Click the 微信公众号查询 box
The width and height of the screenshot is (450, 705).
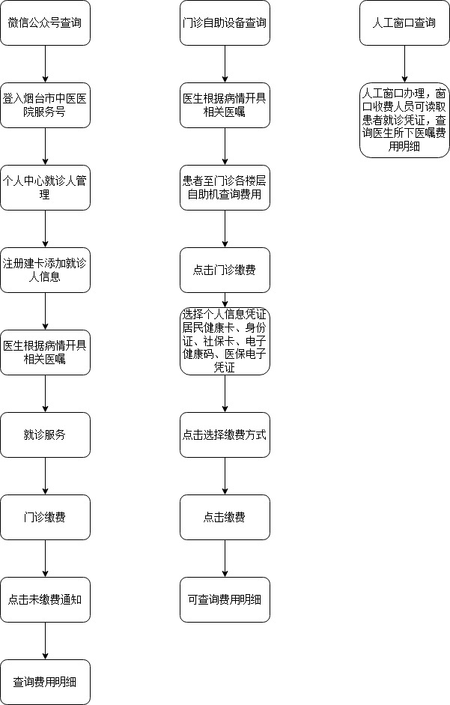click(45, 23)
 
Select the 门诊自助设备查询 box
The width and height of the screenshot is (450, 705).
click(225, 23)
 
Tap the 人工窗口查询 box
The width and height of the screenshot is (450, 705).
click(404, 23)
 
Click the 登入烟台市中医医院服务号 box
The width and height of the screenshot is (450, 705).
click(45, 105)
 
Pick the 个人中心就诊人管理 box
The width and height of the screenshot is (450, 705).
click(45, 187)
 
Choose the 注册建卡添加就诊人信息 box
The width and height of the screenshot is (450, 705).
click(45, 270)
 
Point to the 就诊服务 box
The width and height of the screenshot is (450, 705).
click(45, 435)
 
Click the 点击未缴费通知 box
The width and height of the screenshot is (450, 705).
click(45, 600)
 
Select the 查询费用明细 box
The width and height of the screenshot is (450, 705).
click(45, 682)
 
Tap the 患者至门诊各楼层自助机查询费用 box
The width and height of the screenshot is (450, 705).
click(225, 187)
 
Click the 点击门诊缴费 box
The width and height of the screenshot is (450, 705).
click(225, 270)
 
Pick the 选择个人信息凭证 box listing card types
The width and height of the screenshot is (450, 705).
click(225, 341)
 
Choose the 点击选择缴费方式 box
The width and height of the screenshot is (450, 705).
click(225, 435)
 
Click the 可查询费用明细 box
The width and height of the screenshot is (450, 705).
click(225, 600)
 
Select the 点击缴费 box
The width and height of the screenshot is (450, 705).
click(225, 517)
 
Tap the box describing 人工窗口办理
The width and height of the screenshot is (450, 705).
click(404, 120)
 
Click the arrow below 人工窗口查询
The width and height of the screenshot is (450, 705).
click(404, 64)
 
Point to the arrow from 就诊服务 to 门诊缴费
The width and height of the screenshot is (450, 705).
click(45, 476)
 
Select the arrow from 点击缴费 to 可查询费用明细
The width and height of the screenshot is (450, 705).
click(225, 558)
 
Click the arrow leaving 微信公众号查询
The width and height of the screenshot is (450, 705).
click(45, 64)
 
